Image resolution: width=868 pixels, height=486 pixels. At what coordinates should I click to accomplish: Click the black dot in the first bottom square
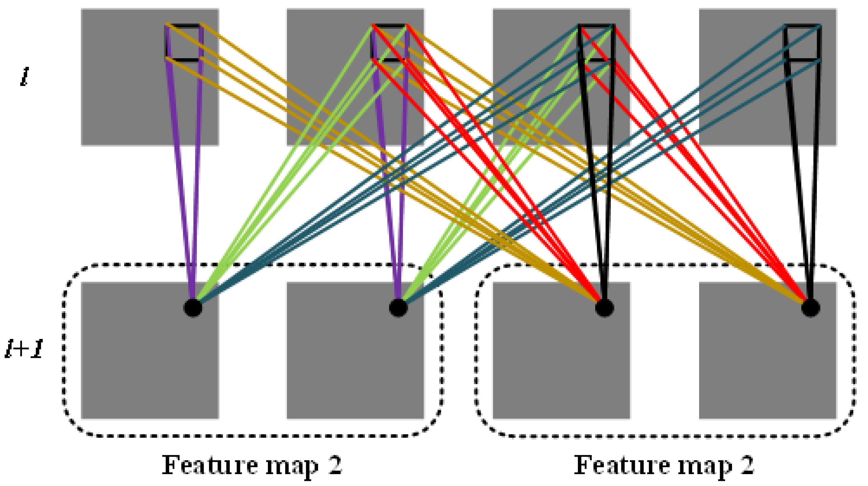[x=193, y=308]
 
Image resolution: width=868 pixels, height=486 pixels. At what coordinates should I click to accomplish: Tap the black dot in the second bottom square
[x=398, y=308]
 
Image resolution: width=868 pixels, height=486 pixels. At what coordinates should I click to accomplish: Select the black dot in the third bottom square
[x=604, y=308]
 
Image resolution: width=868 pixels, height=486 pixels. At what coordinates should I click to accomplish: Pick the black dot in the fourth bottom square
[x=810, y=308]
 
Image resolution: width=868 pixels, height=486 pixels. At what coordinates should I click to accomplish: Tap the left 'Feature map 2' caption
[x=252, y=465]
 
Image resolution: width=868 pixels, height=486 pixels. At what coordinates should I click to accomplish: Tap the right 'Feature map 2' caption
[x=664, y=465]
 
